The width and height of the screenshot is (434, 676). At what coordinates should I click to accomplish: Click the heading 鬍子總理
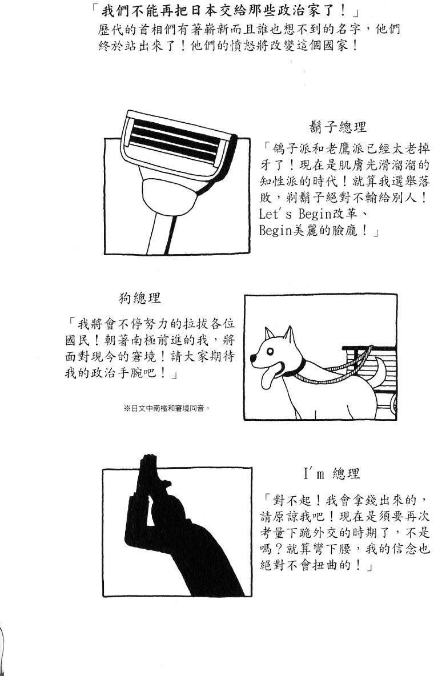[x=337, y=127]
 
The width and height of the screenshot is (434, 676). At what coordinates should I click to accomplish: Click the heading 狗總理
[x=140, y=297]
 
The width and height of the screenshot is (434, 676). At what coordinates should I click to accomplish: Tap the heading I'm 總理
[x=332, y=473]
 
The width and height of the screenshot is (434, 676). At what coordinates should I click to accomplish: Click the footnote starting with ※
[x=167, y=408]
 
